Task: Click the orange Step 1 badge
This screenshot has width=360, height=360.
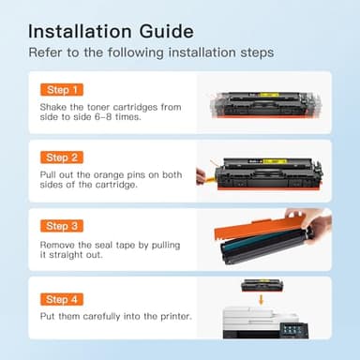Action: (61, 90)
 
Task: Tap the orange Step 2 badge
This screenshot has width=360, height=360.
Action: (61, 157)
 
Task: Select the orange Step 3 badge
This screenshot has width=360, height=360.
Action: (61, 226)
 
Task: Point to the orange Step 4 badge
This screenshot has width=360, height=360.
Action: (61, 298)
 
